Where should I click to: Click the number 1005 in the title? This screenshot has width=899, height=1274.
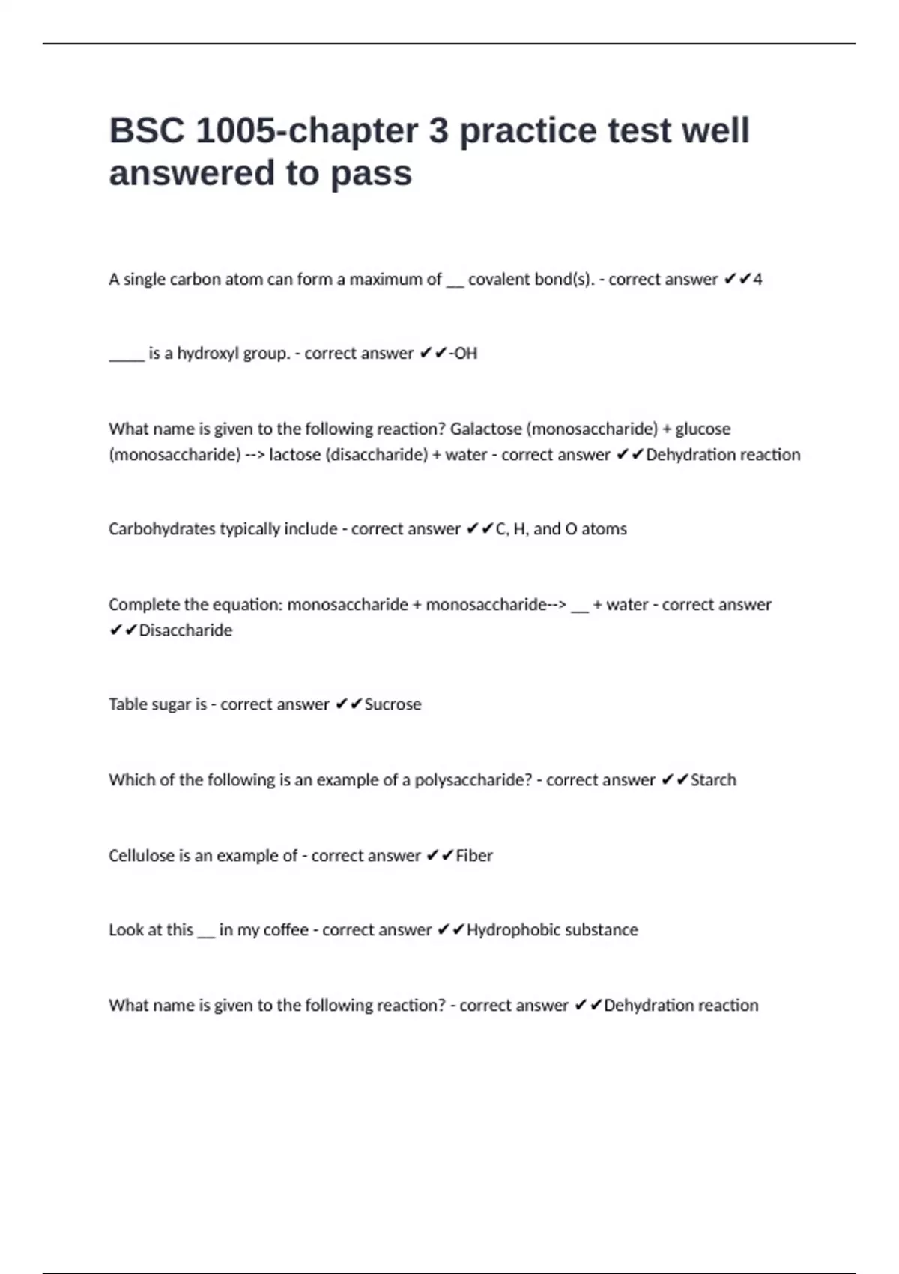click(235, 130)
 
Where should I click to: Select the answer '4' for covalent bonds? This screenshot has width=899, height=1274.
click(758, 280)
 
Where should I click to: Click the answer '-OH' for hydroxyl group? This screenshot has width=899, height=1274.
click(463, 354)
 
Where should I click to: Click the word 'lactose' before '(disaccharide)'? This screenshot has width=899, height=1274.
click(294, 455)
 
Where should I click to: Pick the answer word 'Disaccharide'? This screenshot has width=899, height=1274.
click(186, 630)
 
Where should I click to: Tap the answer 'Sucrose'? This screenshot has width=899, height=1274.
click(393, 704)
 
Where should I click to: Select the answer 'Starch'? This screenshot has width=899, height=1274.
click(713, 780)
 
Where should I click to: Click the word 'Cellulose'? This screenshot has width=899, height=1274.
click(142, 856)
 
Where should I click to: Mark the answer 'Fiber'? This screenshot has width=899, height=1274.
click(474, 856)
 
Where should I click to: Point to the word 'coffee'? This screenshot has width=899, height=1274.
click(285, 930)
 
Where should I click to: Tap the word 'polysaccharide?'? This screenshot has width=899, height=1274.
click(473, 780)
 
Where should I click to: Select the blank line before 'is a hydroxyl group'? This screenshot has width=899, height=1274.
click(126, 358)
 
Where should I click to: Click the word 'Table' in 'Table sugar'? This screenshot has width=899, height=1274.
click(127, 704)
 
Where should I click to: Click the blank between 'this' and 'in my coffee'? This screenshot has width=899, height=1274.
click(206, 935)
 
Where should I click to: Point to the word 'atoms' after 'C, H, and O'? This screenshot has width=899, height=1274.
click(604, 529)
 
